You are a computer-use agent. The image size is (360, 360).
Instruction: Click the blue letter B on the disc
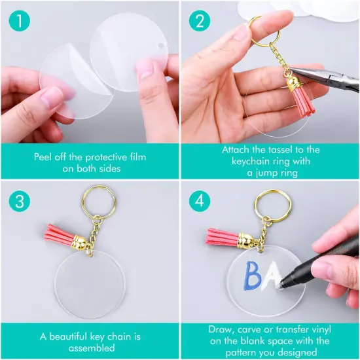pos(252,276)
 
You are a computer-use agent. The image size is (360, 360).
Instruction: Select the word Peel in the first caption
pos(47,157)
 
